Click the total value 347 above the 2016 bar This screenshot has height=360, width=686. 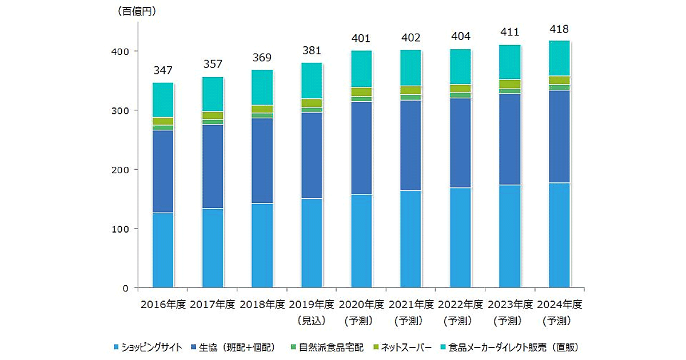(x=163, y=71)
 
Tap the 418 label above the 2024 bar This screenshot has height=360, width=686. (x=559, y=29)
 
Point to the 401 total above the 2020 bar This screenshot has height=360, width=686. (x=361, y=39)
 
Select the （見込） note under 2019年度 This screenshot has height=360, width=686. (x=312, y=320)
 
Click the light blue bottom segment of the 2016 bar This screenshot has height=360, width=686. (x=163, y=250)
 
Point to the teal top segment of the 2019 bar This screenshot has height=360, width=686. (x=312, y=81)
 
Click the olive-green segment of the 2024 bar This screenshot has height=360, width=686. (x=559, y=80)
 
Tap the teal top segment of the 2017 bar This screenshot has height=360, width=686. (x=213, y=94)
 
